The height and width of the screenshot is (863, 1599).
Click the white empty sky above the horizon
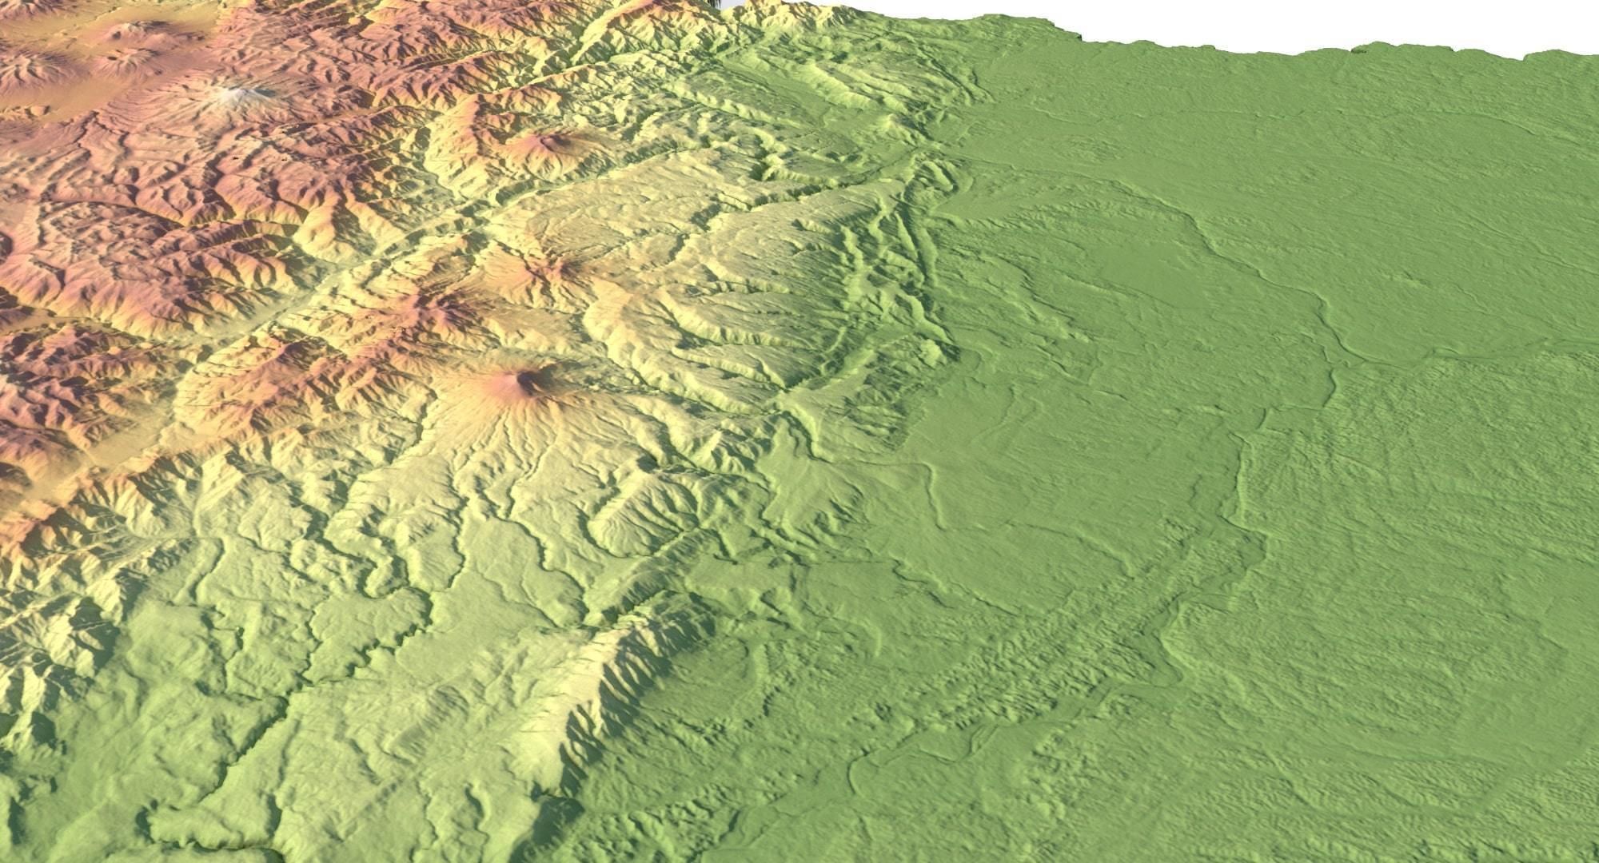coord(1279,20)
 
